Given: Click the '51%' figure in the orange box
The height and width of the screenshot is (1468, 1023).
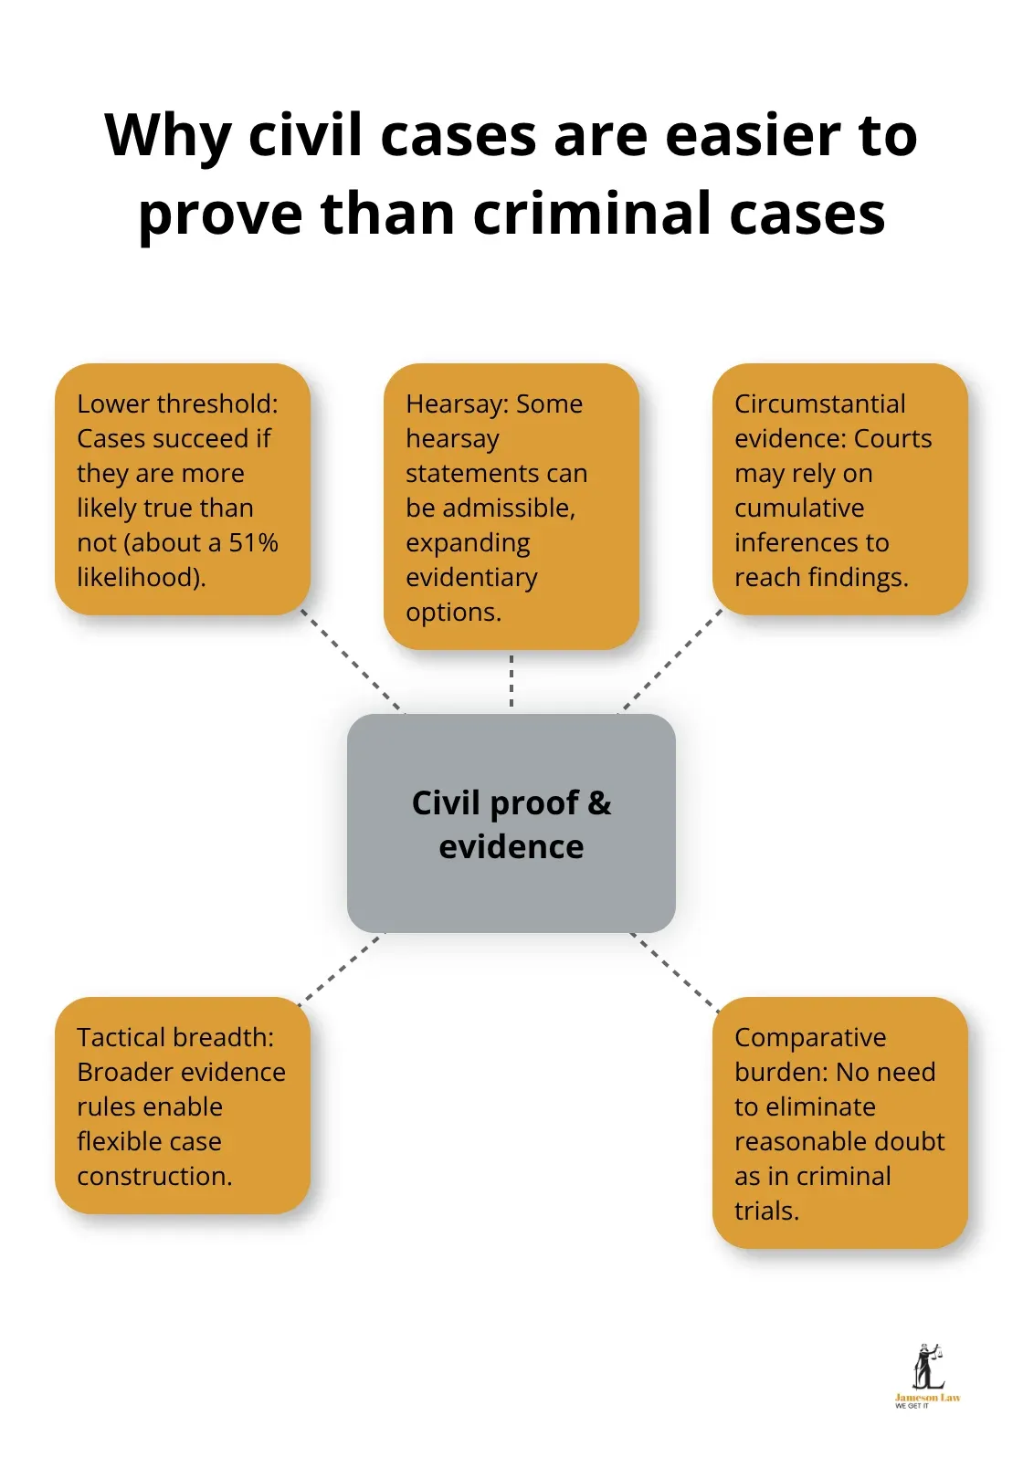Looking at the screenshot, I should click(x=253, y=542).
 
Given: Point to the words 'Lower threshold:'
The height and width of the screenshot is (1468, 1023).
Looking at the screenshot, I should click(x=177, y=404).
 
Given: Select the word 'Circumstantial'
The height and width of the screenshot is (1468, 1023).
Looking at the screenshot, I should click(x=819, y=404).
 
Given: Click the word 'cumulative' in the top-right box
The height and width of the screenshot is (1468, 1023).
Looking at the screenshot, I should click(x=799, y=508).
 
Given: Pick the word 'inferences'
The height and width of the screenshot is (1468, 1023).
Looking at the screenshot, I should click(x=811, y=542).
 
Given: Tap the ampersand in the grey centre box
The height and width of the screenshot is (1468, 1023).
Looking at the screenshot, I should click(x=599, y=803).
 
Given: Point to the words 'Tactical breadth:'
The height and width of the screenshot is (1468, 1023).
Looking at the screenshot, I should click(x=175, y=1037).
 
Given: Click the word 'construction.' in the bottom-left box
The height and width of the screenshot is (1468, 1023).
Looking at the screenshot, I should click(x=154, y=1176).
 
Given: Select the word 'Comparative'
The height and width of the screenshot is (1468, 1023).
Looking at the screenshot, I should click(x=810, y=1037).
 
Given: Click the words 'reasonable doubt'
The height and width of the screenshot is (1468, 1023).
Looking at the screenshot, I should click(x=839, y=1141).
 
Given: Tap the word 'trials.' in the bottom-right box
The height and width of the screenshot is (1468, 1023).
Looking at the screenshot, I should click(x=766, y=1211).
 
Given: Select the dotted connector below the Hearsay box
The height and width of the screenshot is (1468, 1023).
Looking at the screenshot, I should click(x=511, y=681).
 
